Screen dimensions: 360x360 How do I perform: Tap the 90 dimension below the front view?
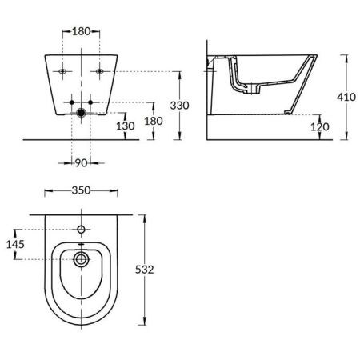tap(82, 163)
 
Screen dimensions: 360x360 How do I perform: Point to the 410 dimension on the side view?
tap(347, 97)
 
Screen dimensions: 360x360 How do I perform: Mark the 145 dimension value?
tap(15, 244)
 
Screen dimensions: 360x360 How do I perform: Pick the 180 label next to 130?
tap(153, 120)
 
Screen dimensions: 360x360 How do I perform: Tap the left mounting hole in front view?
tap(63, 71)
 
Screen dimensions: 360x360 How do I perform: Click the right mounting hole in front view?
tap(100, 71)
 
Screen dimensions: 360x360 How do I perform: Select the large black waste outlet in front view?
tap(82, 114)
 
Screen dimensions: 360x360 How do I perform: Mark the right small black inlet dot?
tap(90, 103)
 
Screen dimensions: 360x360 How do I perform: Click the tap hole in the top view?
tap(81, 230)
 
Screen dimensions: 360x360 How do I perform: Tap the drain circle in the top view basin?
tap(81, 259)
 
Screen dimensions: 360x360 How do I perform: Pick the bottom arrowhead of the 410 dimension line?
tap(346, 136)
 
